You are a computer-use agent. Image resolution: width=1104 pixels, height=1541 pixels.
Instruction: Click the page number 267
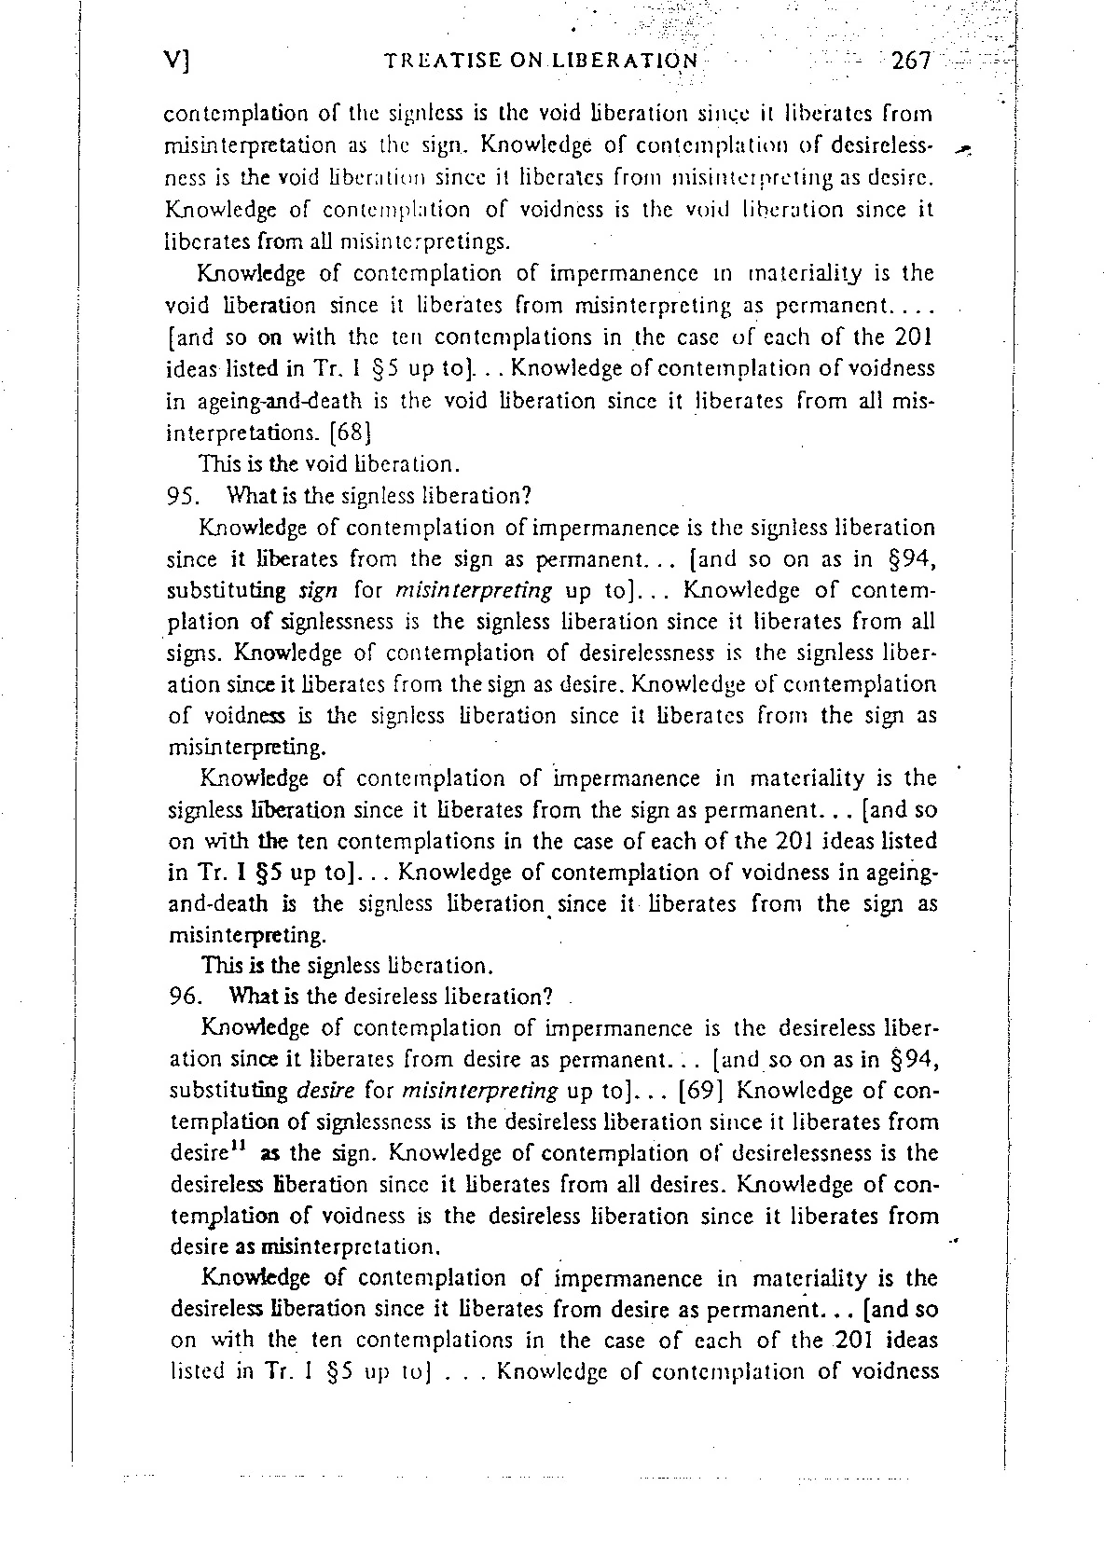click(x=911, y=62)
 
